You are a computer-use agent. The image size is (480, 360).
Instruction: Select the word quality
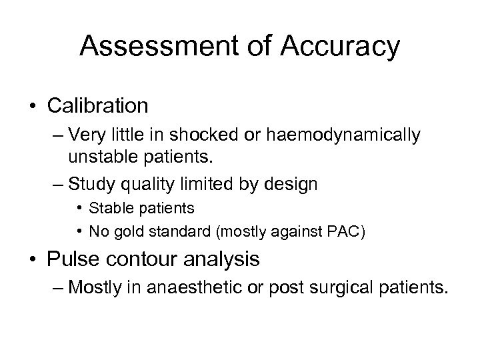click(145, 183)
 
